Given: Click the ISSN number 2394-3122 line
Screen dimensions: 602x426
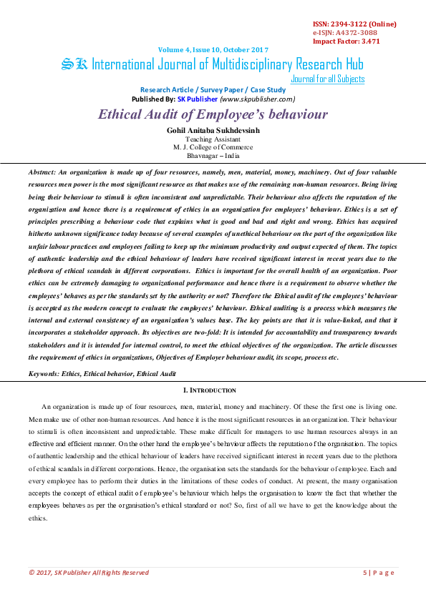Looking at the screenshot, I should point(354,24).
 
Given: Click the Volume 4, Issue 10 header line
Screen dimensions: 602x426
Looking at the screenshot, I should point(213,49).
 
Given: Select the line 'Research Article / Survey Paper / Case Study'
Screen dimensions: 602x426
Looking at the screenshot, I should point(213,89).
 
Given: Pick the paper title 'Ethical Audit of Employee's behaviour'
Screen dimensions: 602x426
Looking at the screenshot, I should point(213,114).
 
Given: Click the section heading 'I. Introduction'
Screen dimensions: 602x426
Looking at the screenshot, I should point(210,390).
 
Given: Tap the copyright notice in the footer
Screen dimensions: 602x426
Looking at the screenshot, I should point(89,572).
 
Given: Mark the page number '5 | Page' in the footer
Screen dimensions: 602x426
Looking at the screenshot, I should point(379,572).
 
